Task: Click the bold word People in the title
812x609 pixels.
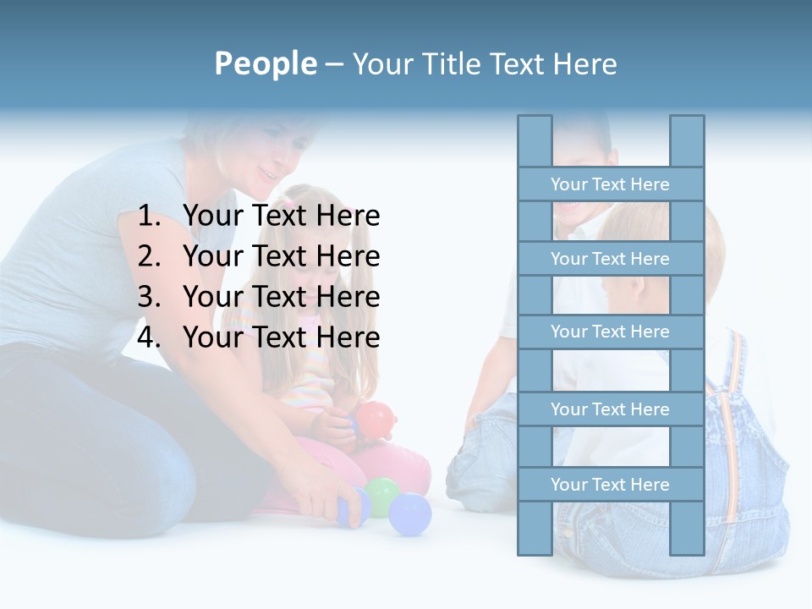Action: [x=265, y=63]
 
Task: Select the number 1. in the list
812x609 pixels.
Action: [x=149, y=217]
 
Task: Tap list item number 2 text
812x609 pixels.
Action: [x=281, y=256]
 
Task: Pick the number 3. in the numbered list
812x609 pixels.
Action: [x=149, y=297]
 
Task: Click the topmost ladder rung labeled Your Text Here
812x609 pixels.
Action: [x=610, y=184]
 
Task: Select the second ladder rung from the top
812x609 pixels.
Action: [x=610, y=258]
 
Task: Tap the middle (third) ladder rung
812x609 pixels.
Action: [x=610, y=332]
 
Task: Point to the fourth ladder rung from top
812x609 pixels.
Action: [x=610, y=409]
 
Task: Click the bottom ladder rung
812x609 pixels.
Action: [x=610, y=484]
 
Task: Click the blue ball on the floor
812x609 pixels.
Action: [x=410, y=513]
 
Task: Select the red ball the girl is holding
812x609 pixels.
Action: [x=376, y=418]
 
